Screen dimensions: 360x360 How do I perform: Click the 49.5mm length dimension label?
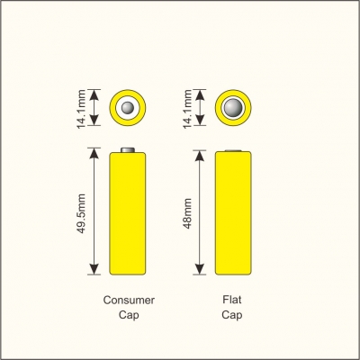[x=82, y=213]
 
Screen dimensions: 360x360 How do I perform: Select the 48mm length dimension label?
[x=187, y=213]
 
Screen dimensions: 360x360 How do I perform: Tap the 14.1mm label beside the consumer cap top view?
[x=82, y=109]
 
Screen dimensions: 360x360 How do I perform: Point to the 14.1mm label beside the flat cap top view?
[x=187, y=109]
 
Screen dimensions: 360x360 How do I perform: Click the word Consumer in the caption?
[x=129, y=300]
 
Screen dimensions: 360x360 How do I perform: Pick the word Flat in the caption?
[x=232, y=300]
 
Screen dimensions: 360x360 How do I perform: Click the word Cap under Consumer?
[x=129, y=315]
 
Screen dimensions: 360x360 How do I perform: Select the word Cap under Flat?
[x=232, y=315]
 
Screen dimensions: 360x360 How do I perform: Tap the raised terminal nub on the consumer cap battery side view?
[x=128, y=149]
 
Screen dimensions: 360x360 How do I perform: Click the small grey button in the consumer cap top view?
[x=128, y=107]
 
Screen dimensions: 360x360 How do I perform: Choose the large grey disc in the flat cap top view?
[x=233, y=107]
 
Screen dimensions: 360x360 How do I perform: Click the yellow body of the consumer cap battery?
[x=128, y=213]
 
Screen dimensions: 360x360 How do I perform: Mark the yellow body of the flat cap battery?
[x=233, y=213]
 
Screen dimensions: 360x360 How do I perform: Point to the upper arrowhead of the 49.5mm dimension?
[x=94, y=153]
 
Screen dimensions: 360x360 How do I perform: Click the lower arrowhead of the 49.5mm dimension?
[x=94, y=269]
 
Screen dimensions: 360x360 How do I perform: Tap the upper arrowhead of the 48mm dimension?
[x=200, y=156]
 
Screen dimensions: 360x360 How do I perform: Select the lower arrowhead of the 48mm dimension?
[x=200, y=269]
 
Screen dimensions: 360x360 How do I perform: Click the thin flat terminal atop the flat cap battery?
[x=233, y=150]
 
